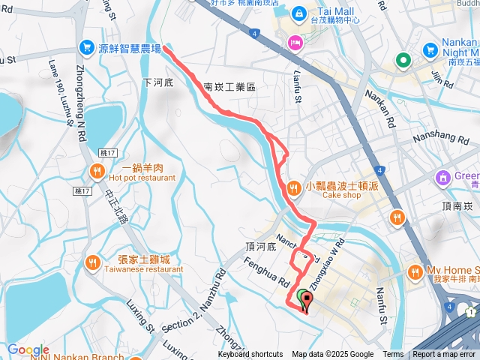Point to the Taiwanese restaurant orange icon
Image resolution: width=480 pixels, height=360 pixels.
pyautogui.click(x=91, y=262)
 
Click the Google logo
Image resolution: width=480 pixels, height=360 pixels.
pyautogui.click(x=28, y=350)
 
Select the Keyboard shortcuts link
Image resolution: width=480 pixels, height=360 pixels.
pyautogui.click(x=250, y=355)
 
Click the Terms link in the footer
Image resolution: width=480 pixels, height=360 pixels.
pyautogui.click(x=393, y=355)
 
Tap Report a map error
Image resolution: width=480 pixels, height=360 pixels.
pyautogui.click(x=444, y=355)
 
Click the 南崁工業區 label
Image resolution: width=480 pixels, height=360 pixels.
pyautogui.click(x=229, y=87)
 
